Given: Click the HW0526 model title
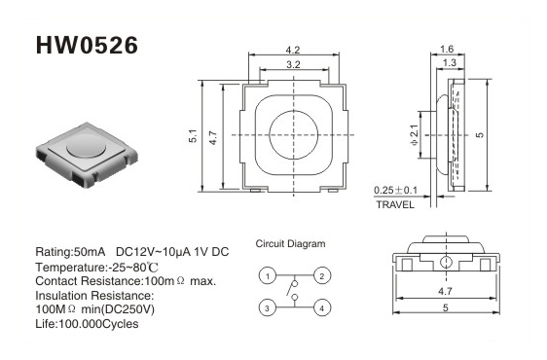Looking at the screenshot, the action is point(87,46).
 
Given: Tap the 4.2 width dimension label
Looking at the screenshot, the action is point(293,50).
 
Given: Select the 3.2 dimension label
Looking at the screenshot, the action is point(293,64).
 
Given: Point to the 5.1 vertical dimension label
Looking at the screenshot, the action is point(193,135).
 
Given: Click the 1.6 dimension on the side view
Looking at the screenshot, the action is point(447,49).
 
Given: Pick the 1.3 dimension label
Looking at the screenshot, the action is point(450,63).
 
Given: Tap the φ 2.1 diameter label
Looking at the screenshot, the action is point(414,135).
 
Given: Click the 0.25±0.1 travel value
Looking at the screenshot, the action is point(395,191).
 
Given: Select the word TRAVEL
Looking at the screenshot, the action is point(395,204).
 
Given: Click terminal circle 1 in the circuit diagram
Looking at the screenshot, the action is point(268,276).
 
